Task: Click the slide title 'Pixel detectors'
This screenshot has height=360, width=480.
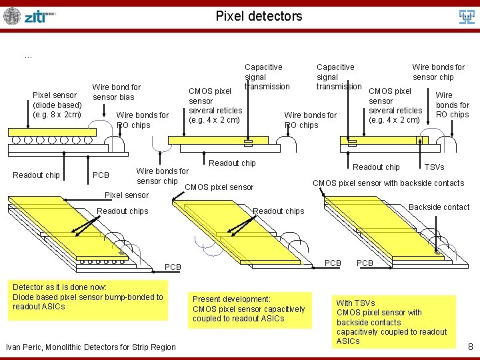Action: (259, 16)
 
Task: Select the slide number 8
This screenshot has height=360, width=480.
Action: (470, 347)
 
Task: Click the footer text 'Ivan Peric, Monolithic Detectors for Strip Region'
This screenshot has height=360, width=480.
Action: (91, 347)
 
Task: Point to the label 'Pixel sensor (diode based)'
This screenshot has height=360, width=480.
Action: (57, 105)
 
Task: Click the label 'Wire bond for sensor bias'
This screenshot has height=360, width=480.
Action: (117, 92)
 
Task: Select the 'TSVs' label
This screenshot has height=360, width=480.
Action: (434, 167)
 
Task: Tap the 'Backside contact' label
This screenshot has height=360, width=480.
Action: (439, 207)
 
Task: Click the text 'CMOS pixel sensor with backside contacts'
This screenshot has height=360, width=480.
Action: (388, 183)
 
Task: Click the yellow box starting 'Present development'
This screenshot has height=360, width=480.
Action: (249, 309)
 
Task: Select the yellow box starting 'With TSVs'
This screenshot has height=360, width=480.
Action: (392, 322)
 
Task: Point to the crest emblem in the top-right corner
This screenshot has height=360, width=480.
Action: (467, 16)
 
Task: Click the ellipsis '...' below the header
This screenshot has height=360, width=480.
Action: (28, 57)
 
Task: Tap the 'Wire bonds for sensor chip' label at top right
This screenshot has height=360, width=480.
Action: (438, 72)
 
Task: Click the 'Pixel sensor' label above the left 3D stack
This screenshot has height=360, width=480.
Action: (127, 195)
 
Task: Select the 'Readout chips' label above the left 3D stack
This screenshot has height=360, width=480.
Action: (123, 211)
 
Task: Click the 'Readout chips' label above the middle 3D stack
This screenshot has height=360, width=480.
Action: (279, 211)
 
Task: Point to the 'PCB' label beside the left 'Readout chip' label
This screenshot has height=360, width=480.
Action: (101, 175)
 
